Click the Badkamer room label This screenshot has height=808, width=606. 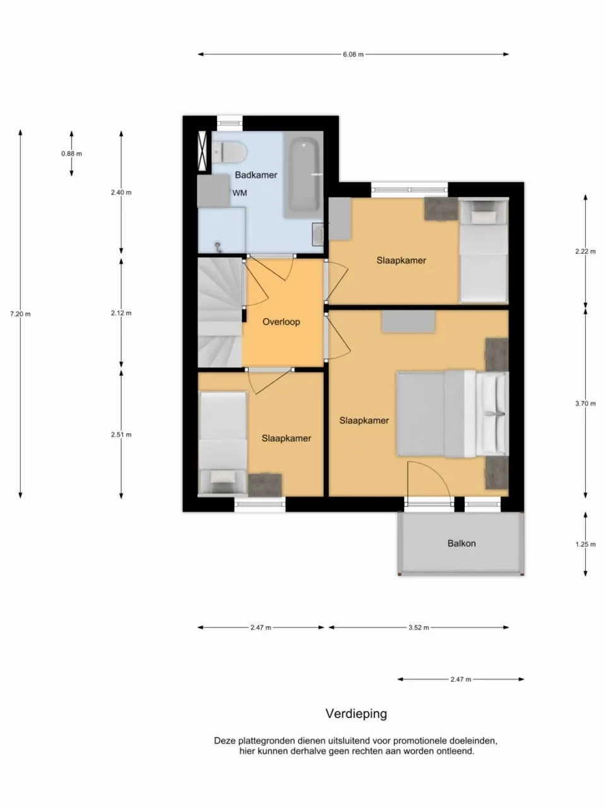256,175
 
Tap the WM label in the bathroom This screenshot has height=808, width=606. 240,193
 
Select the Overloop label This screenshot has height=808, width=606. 281,322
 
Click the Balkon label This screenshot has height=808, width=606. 461,544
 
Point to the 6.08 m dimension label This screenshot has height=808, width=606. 353,55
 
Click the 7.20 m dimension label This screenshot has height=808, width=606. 20,314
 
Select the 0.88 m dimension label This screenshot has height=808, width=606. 71,153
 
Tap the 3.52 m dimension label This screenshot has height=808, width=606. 418,628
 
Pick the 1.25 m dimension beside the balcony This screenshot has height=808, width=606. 585,544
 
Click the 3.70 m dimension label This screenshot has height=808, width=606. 585,403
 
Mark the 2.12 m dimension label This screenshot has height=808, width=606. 121,314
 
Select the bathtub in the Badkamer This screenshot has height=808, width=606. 304,175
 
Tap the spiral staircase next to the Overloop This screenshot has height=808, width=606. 219,312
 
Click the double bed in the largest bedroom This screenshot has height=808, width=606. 451,413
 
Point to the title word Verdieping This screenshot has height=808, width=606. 356,714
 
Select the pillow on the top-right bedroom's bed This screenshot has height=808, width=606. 484,216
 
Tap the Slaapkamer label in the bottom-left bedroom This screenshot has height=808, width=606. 286,438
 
